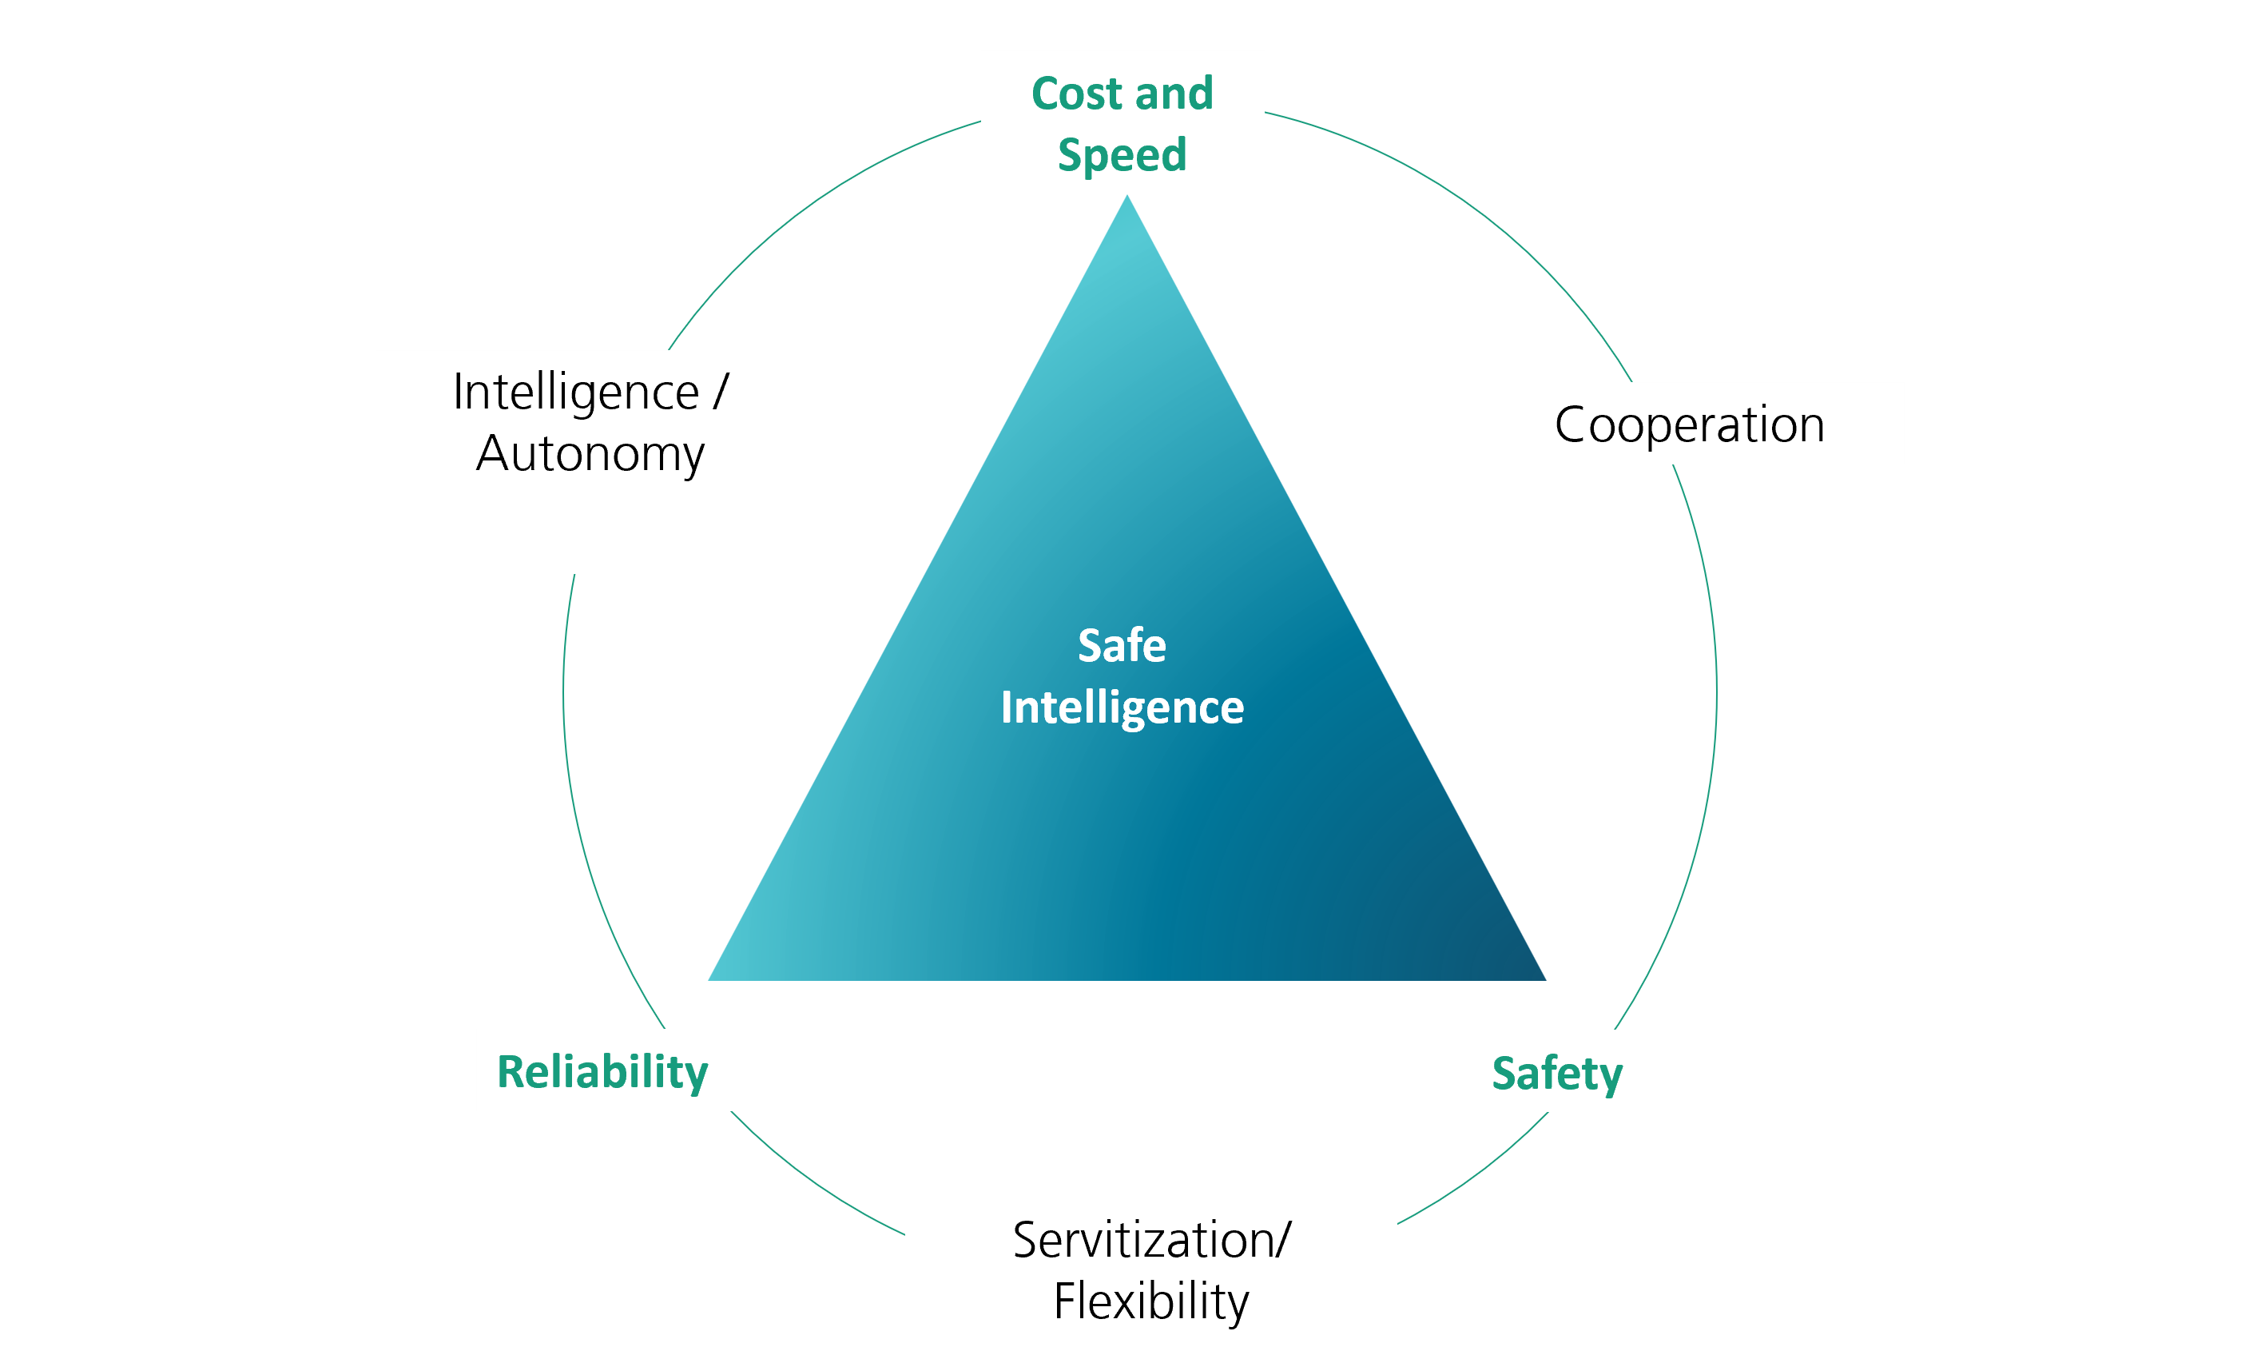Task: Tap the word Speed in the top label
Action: (x=1122, y=155)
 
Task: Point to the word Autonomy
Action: (x=590, y=454)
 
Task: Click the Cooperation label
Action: (x=1689, y=424)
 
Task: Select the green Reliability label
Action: (x=602, y=1072)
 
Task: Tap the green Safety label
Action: (x=1557, y=1073)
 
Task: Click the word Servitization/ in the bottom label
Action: (x=1151, y=1241)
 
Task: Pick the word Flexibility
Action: (x=1151, y=1301)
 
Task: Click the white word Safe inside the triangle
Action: (x=1122, y=645)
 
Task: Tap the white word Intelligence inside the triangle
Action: (x=1122, y=707)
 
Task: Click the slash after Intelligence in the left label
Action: (x=721, y=392)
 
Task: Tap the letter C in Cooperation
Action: (x=1572, y=424)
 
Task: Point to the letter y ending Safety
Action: (x=1611, y=1077)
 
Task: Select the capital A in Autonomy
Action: (x=492, y=453)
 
